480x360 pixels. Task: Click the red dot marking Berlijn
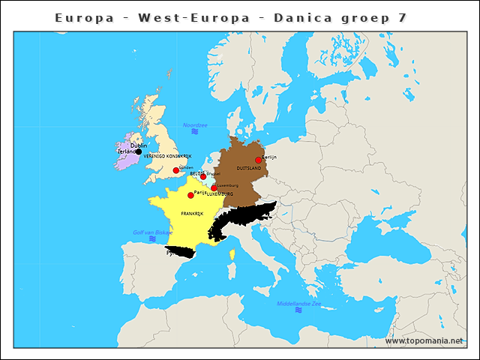[259, 160]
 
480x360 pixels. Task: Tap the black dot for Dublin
[139, 151]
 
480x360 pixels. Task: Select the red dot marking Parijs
[190, 195]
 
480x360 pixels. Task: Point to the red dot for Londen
[176, 170]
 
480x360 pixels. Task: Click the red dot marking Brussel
[203, 177]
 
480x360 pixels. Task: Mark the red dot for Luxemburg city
[214, 188]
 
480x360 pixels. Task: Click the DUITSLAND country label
[248, 169]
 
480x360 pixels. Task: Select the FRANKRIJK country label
[192, 214]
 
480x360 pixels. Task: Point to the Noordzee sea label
[195, 124]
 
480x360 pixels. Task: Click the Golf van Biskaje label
[152, 232]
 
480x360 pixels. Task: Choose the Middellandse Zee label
[298, 304]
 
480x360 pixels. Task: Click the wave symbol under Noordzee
[194, 131]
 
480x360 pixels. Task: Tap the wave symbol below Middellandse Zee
[298, 310]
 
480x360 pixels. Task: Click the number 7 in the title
[403, 17]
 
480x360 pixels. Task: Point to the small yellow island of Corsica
[232, 255]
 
